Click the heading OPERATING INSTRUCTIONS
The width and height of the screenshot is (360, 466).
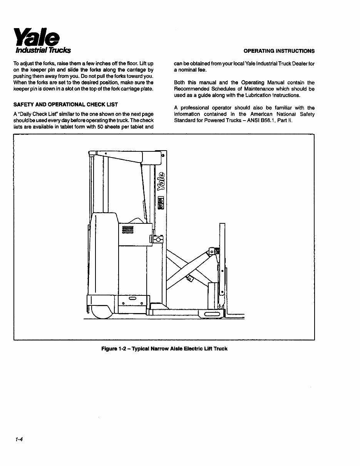tap(279, 51)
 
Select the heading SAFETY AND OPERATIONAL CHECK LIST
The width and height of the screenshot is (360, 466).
tap(65, 104)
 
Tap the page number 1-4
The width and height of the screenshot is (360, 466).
tap(20, 440)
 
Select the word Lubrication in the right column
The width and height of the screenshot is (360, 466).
tap(253, 95)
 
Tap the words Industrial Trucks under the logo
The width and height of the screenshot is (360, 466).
tap(43, 50)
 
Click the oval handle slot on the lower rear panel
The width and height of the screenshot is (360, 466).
tap(132, 299)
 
